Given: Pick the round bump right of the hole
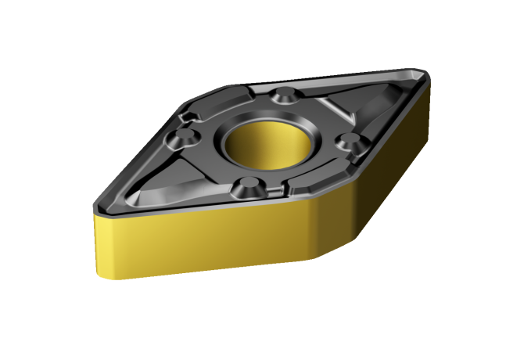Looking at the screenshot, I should [350, 142].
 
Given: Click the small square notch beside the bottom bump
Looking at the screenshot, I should [273, 191].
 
